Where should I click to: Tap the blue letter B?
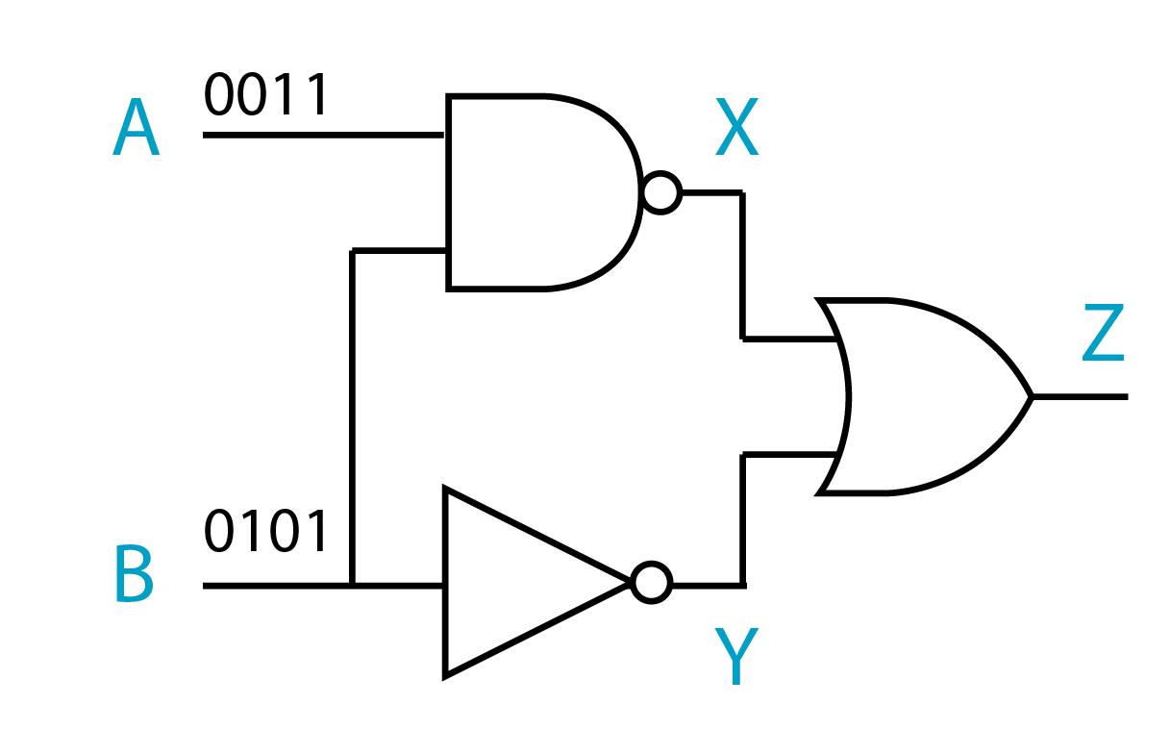[x=134, y=575]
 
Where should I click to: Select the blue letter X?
[x=736, y=131]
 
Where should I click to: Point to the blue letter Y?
[x=736, y=656]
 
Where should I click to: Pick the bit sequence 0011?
[x=266, y=95]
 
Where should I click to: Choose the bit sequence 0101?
[x=266, y=532]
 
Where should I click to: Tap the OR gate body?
[x=923, y=396]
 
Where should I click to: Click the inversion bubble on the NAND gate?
[x=661, y=193]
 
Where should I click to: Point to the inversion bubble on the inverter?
[x=652, y=583]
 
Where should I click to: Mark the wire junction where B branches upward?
[x=353, y=585]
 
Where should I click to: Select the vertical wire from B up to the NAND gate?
[x=353, y=414]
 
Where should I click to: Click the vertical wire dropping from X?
[x=742, y=265]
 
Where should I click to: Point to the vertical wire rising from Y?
[x=742, y=519]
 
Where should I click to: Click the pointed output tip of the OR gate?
[x=1031, y=396]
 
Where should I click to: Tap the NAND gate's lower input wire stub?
[x=399, y=251]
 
